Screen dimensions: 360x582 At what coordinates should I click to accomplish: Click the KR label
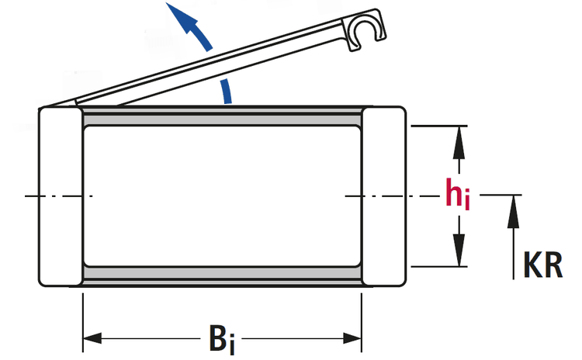tap(542, 264)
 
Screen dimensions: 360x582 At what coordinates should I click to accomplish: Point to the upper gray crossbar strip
tap(222, 117)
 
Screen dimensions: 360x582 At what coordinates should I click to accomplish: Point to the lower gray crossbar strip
tap(222, 275)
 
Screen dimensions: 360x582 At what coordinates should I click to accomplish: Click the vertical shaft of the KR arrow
tap(513, 248)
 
